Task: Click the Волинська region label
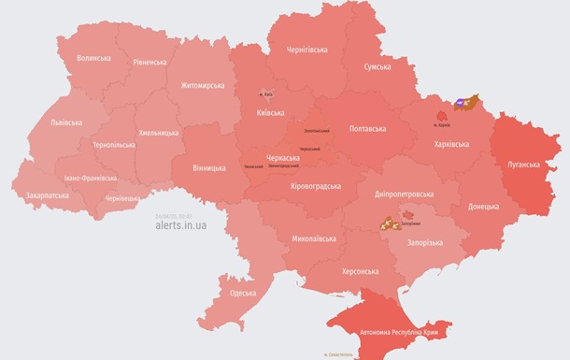93,58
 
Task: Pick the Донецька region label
483,206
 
